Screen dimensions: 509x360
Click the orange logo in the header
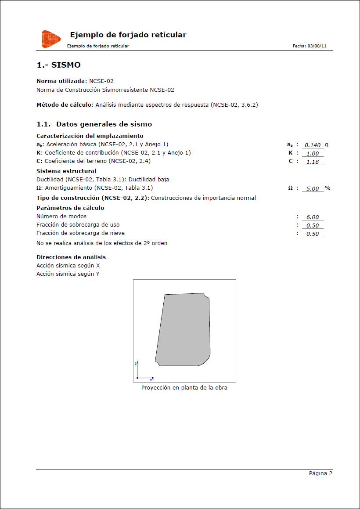coord(51,39)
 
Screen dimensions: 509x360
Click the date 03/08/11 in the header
coord(317,46)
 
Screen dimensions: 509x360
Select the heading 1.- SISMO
coord(58,65)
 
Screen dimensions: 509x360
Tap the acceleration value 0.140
coord(312,145)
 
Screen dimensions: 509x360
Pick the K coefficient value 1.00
coord(312,154)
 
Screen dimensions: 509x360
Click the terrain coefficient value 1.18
coord(312,162)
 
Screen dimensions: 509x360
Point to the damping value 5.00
coord(312,189)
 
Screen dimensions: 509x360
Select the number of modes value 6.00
coord(312,217)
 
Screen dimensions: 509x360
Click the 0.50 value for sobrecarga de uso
coord(312,226)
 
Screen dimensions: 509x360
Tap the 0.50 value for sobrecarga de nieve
coord(312,234)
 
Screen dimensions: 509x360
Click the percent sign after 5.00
coord(328,188)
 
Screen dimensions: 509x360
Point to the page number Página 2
coord(320,473)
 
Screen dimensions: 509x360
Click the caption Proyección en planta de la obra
coord(184,388)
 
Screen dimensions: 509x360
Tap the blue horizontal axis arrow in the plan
coord(147,378)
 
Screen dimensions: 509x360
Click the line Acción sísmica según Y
coord(68,274)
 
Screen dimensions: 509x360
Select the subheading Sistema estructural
coord(66,171)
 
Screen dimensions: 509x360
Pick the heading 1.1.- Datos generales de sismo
coord(94,124)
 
